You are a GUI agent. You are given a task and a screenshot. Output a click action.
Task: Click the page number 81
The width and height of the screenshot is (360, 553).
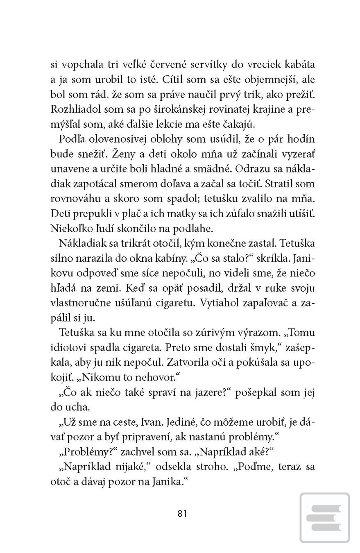183,514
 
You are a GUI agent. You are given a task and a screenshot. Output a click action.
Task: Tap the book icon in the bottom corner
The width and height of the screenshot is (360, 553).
324,518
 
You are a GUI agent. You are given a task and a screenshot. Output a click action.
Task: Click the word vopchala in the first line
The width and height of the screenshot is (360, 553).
79,65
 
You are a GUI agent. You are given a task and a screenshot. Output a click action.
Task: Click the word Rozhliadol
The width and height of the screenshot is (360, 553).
76,109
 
